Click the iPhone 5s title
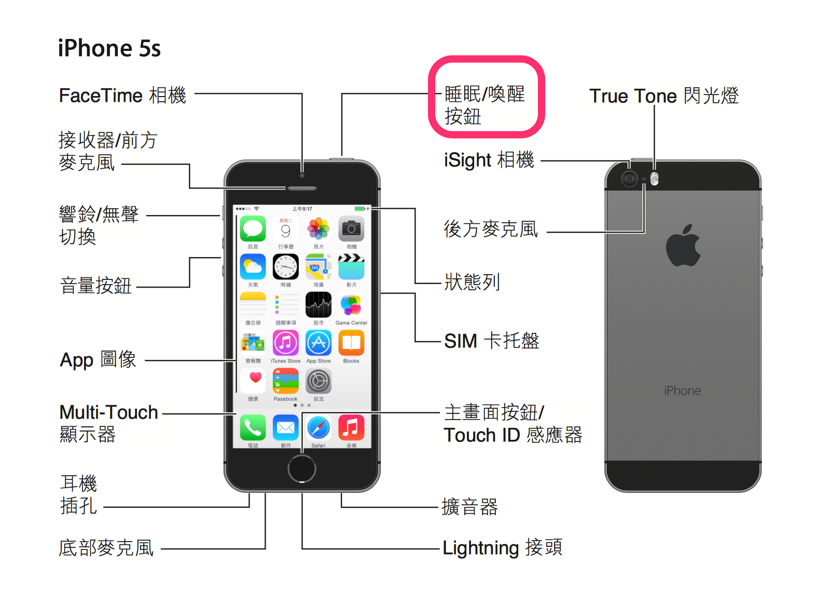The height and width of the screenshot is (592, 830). coord(109,48)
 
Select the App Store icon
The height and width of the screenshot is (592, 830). coord(319,343)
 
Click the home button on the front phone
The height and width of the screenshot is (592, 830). coord(302,468)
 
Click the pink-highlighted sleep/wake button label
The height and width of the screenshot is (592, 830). coord(485,104)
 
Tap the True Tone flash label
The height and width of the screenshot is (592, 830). coord(663,96)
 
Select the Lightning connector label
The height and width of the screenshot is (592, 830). coord(502,548)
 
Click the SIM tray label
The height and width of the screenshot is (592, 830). coord(491,341)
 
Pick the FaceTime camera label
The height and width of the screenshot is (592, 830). coord(122,96)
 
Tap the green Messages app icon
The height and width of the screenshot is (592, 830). coord(253,229)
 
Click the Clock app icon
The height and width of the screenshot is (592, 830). coord(286,267)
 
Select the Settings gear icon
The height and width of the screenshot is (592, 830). coord(319,382)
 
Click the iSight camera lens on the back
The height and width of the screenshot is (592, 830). coord(629,179)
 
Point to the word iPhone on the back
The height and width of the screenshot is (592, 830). coord(682,391)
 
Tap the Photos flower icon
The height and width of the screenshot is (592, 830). coord(319,229)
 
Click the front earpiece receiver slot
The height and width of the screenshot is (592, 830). coord(302,188)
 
